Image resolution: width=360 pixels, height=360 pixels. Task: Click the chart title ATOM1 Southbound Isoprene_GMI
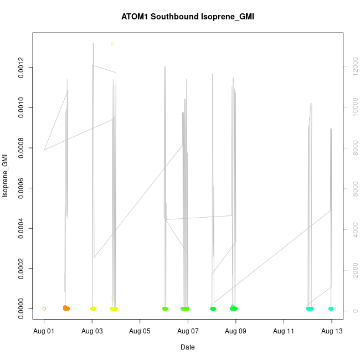click(187, 17)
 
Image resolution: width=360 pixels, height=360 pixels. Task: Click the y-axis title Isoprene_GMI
click(6, 176)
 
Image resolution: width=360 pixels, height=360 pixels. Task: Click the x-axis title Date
click(187, 347)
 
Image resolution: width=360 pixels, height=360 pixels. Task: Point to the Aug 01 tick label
click(44, 331)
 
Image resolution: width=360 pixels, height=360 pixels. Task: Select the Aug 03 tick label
click(92, 331)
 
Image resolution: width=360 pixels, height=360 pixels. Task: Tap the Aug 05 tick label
click(140, 331)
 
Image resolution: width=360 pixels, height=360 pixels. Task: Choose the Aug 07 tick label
click(188, 331)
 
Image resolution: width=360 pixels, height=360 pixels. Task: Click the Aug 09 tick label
click(236, 331)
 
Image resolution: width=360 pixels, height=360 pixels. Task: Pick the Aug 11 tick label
click(284, 331)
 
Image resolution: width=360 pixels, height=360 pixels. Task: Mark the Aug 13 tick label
click(332, 331)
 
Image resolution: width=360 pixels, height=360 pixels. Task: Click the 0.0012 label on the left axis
click(21, 68)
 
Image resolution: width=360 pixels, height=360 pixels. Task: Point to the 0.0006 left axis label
click(21, 188)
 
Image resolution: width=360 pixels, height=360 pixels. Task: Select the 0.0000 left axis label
click(21, 308)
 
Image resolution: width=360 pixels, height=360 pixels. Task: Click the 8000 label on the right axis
click(351, 148)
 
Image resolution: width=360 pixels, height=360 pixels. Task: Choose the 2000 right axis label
click(351, 270)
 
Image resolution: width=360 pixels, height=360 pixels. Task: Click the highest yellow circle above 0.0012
click(112, 43)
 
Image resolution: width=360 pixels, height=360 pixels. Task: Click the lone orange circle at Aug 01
click(44, 308)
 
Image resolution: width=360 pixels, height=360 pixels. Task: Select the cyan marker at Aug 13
click(331, 308)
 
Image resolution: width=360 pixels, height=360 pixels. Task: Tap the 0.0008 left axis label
click(21, 148)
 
